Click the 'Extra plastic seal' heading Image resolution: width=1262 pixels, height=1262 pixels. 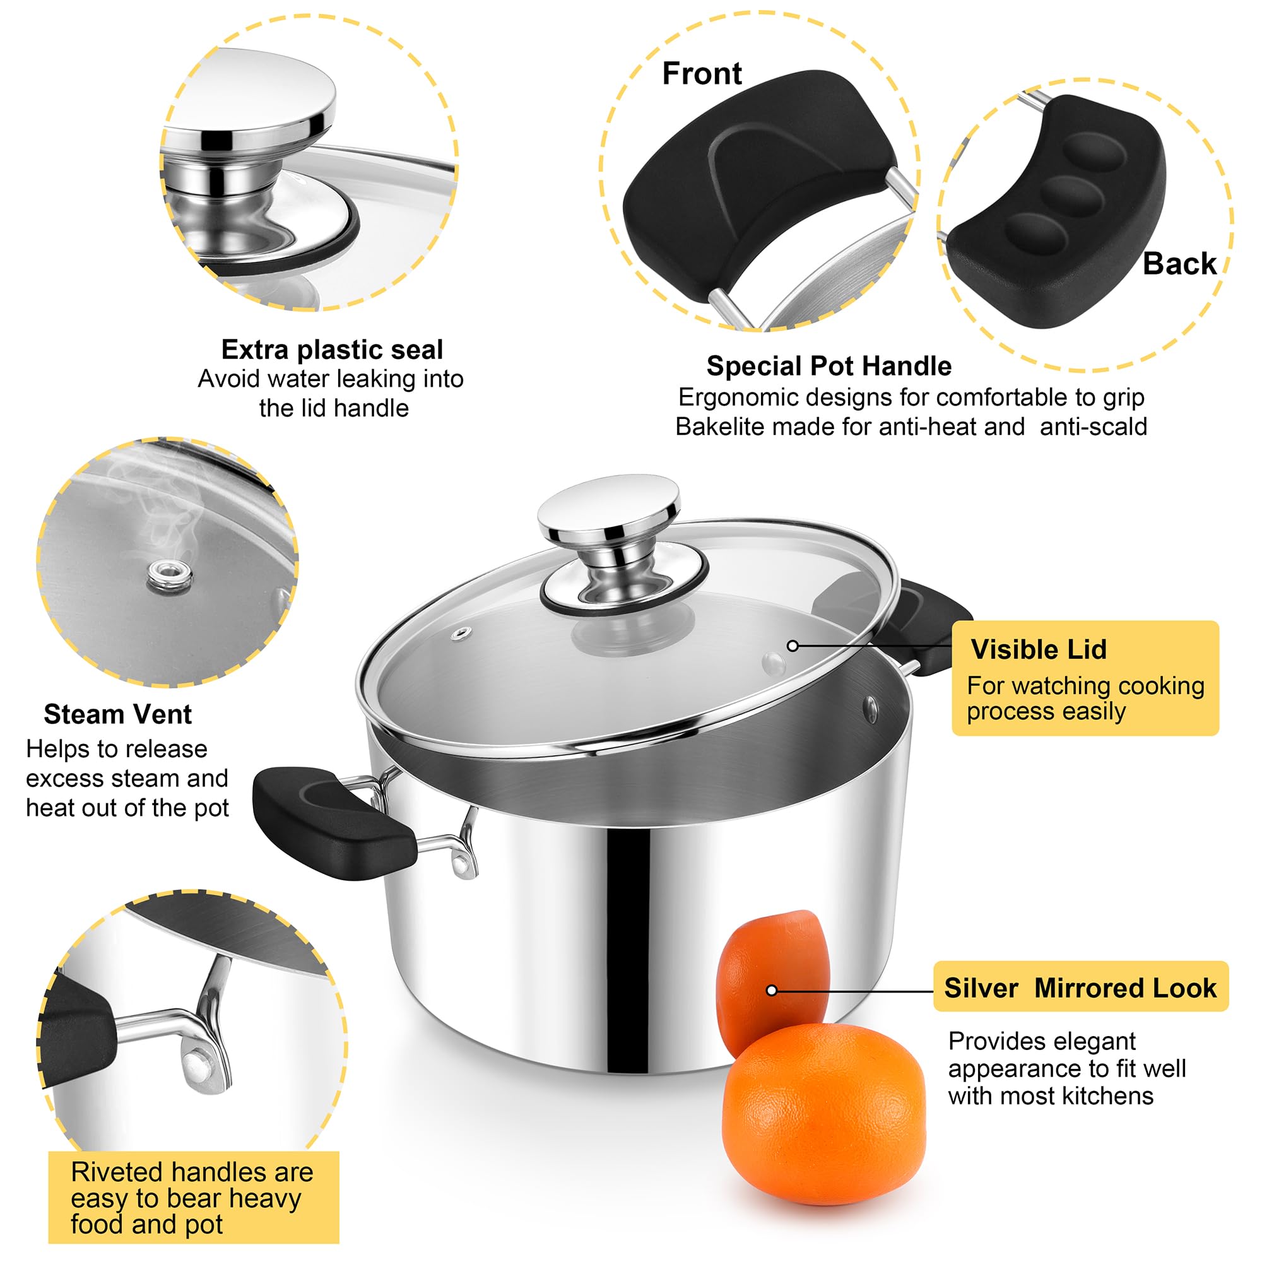click(332, 350)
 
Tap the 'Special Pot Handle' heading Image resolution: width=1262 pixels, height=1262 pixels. click(829, 366)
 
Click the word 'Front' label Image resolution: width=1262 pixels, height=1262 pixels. click(702, 73)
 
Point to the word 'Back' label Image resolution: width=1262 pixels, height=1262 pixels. click(1179, 264)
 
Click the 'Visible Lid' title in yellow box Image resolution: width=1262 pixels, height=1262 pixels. click(1039, 649)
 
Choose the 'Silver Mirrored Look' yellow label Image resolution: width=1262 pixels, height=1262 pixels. click(1080, 988)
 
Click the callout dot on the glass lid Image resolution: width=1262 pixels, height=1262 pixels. click(793, 646)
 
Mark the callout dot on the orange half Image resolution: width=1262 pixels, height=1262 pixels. click(772, 990)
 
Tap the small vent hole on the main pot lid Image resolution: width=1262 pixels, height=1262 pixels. click(462, 633)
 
